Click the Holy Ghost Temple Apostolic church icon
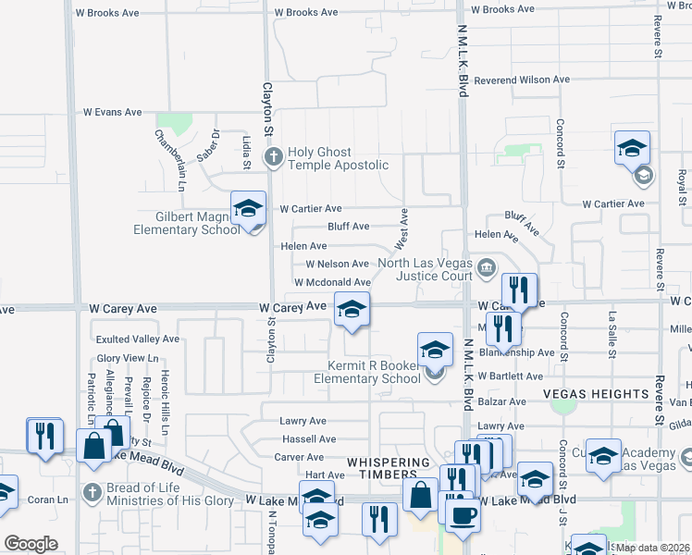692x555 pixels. [273, 157]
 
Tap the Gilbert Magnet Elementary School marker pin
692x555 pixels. [248, 210]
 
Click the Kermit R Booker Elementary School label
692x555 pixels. [367, 371]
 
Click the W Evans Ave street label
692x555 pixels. [112, 112]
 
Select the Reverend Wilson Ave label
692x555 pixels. [521, 80]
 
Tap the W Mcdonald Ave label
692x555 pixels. [332, 282]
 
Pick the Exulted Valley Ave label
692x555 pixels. [138, 339]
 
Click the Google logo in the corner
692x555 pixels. [31, 544]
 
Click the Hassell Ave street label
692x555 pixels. [309, 439]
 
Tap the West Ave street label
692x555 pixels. [402, 228]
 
